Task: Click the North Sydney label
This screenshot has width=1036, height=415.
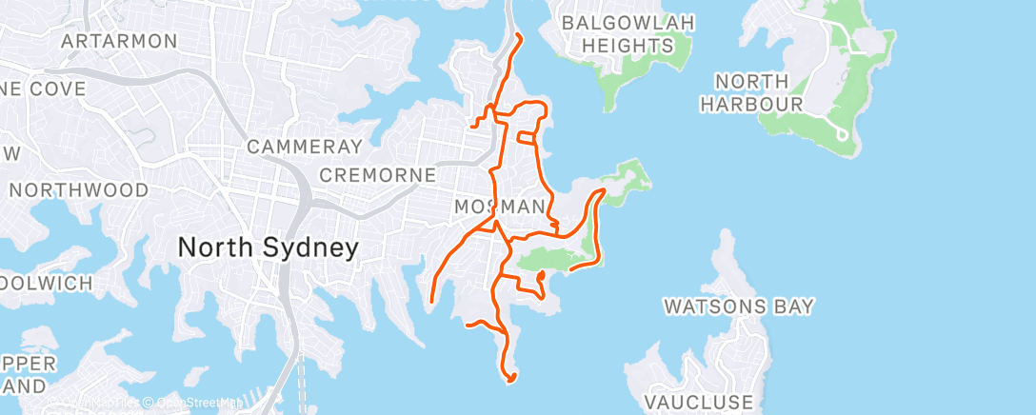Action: coord(268,247)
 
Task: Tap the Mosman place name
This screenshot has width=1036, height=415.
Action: coord(500,207)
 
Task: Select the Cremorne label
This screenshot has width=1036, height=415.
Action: coord(377,175)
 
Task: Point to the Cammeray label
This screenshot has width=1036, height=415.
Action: coord(305,147)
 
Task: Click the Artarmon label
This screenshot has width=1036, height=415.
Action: coord(119,41)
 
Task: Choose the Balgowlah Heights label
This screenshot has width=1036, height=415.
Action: coord(628,33)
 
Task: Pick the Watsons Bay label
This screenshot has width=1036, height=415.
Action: coord(739,306)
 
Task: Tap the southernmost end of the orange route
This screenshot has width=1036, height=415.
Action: coord(510,381)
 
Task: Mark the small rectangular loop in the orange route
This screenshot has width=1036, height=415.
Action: coord(527,137)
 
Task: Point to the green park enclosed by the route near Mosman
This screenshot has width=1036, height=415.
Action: coord(552,255)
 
